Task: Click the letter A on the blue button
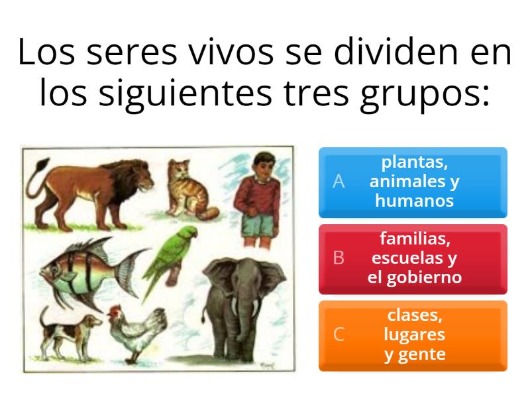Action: pos(339,182)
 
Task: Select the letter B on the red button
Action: pos(339,258)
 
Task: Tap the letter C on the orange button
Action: pos(339,335)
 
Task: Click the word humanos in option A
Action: pos(415,201)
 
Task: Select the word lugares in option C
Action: pos(415,334)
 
